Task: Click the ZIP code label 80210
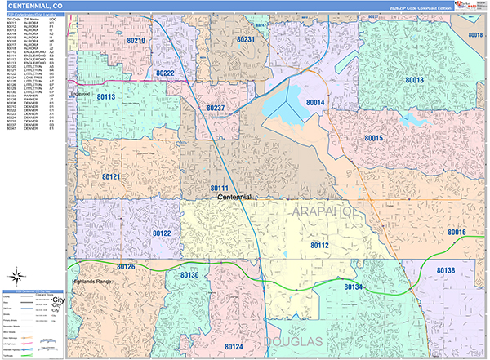pos(136,41)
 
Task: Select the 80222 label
pos(165,73)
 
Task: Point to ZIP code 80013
pos(414,80)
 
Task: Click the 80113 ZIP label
pos(106,97)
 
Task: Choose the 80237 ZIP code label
pos(216,108)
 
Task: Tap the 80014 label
pos(315,102)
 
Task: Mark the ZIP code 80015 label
pos(374,139)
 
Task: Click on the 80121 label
pos(111,176)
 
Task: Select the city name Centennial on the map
pos(234,198)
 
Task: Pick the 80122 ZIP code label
pos(161,233)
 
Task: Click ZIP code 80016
pos(456,233)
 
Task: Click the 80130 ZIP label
pos(189,276)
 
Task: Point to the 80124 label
pos(234,347)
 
